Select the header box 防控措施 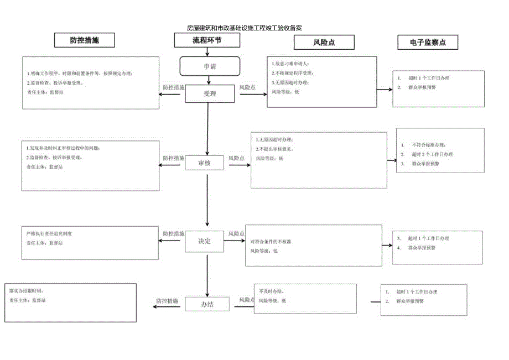tap(85, 40)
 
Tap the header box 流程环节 tap(207, 40)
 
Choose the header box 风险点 tap(324, 43)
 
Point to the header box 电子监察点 tap(428, 42)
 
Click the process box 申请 tap(210, 66)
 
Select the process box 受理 tap(210, 93)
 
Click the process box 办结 tap(207, 304)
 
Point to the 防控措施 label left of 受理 tap(173, 87)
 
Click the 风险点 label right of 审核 tap(237, 158)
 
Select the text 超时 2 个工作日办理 tap(432, 154)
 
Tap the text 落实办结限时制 tap(30, 290)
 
